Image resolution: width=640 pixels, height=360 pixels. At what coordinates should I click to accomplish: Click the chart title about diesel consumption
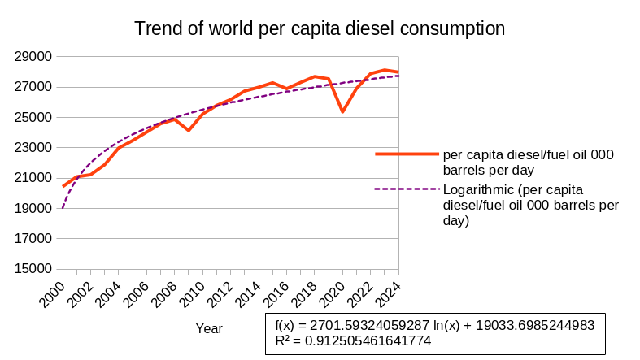click(x=320, y=28)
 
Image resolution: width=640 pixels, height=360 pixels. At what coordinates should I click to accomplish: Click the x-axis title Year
click(x=209, y=328)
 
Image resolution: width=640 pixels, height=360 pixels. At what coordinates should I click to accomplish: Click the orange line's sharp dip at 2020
click(x=342, y=111)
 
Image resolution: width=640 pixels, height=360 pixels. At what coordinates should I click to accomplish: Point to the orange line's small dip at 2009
click(x=189, y=130)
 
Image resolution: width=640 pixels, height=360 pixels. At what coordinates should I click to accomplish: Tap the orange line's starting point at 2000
click(x=63, y=186)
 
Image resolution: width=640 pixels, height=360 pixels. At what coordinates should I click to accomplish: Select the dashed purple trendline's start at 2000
click(x=63, y=208)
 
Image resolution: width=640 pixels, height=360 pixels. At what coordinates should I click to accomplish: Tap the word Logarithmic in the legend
click(x=479, y=189)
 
